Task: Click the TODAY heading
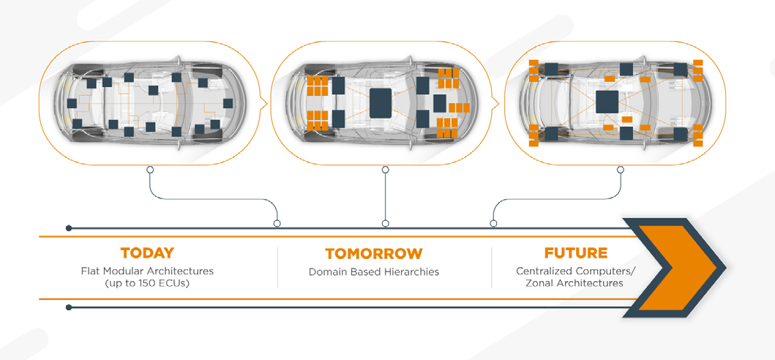[x=147, y=253]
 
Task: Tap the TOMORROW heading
[x=374, y=254]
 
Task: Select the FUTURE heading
[x=576, y=253]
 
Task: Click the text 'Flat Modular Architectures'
[x=147, y=271]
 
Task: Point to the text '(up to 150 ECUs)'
[x=147, y=282]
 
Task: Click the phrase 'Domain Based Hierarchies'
[x=374, y=271]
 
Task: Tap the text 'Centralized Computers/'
[x=576, y=271]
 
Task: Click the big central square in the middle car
[x=383, y=102]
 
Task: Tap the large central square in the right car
[x=610, y=101]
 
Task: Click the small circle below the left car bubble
[x=150, y=170]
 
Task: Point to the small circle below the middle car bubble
[x=386, y=170]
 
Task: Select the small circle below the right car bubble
[x=621, y=170]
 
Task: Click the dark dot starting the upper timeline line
[x=69, y=228]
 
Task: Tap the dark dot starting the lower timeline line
[x=69, y=307]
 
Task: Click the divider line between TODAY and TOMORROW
[x=277, y=267]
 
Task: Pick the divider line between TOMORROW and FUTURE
[x=492, y=267]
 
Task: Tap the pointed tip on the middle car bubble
[x=499, y=102]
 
